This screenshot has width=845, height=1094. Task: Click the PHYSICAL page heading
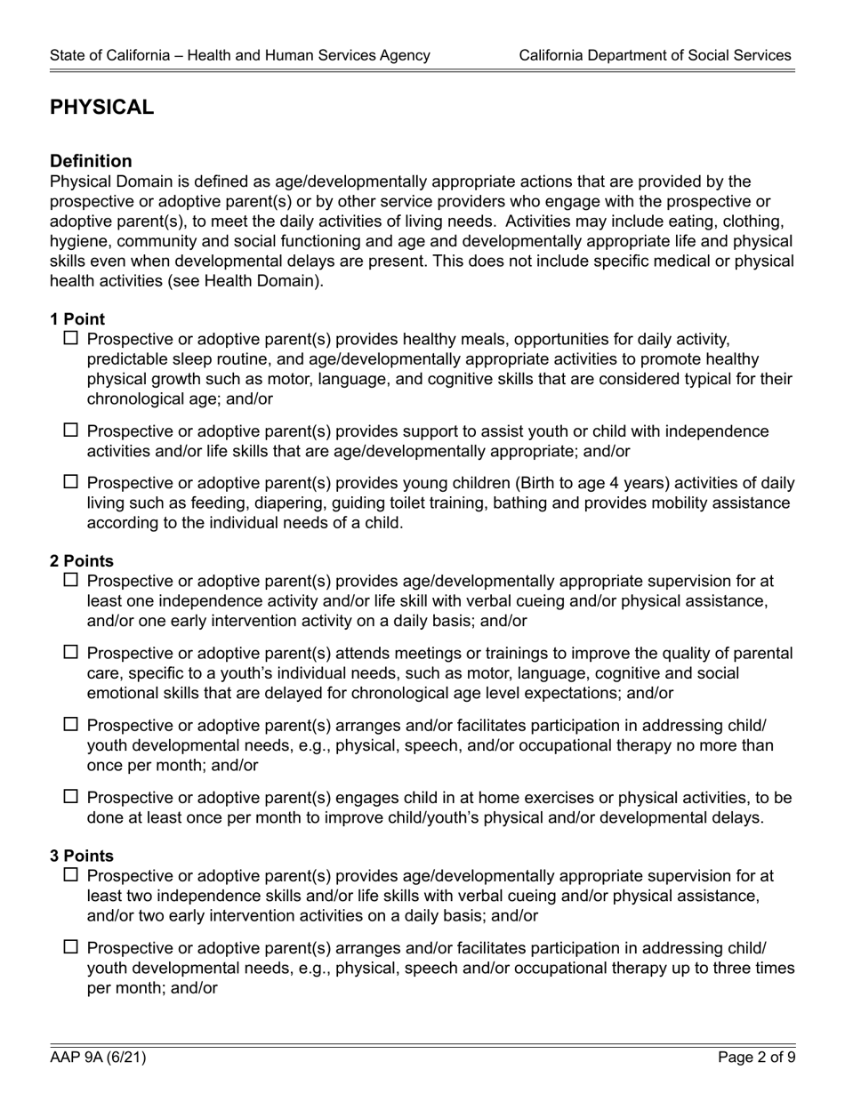(101, 108)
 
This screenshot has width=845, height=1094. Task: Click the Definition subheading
(91, 161)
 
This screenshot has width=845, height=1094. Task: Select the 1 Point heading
(77, 319)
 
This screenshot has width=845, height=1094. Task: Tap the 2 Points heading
(82, 561)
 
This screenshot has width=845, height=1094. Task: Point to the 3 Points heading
(82, 856)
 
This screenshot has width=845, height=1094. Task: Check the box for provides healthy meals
(72, 339)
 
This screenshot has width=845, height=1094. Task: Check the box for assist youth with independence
(72, 431)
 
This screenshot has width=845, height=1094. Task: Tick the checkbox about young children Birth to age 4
(72, 483)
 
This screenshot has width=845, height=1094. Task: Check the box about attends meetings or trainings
(72, 654)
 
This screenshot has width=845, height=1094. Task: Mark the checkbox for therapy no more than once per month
(72, 725)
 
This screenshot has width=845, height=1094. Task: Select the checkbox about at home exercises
(72, 798)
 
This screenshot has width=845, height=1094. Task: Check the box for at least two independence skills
(72, 876)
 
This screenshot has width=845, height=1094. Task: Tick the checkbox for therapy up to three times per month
(72, 947)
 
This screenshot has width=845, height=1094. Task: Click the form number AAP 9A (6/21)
(98, 1058)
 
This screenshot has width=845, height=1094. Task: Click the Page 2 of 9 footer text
(756, 1058)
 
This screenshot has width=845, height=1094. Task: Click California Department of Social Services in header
(655, 55)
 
